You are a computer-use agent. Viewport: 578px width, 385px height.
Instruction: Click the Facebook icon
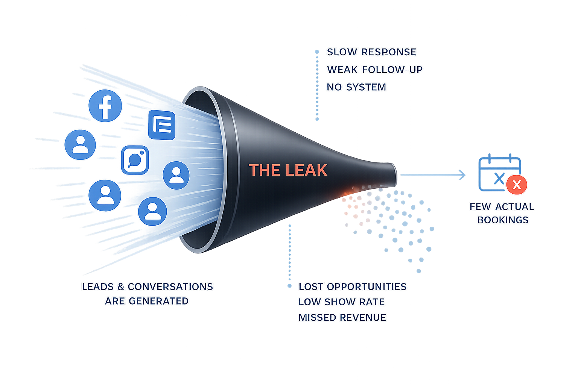pyautogui.click(x=105, y=106)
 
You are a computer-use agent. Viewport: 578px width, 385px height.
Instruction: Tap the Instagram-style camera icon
pyautogui.click(x=135, y=160)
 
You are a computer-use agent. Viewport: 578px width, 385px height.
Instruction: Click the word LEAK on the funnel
pyautogui.click(x=306, y=170)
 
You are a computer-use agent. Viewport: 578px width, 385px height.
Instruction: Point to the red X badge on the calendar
pyautogui.click(x=517, y=185)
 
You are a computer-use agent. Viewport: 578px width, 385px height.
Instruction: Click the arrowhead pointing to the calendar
pyautogui.click(x=462, y=175)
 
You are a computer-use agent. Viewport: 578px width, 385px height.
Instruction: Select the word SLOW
pyautogui.click(x=342, y=52)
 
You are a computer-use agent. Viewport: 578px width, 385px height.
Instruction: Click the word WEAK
pyautogui.click(x=342, y=70)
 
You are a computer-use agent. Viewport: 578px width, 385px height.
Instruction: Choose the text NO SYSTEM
pyautogui.click(x=356, y=87)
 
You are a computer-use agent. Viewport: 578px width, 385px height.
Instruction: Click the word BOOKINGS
pyautogui.click(x=503, y=220)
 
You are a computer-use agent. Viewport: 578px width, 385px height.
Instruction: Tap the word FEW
pyautogui.click(x=480, y=207)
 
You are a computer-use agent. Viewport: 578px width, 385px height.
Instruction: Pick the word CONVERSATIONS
pyautogui.click(x=170, y=287)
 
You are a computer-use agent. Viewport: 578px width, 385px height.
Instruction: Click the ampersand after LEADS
pyautogui.click(x=120, y=287)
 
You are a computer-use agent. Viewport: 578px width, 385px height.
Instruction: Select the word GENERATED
pyautogui.click(x=158, y=301)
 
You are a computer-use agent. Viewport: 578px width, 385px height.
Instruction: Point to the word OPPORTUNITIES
pyautogui.click(x=367, y=287)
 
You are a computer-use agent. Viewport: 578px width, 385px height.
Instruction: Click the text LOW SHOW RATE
pyautogui.click(x=341, y=302)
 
